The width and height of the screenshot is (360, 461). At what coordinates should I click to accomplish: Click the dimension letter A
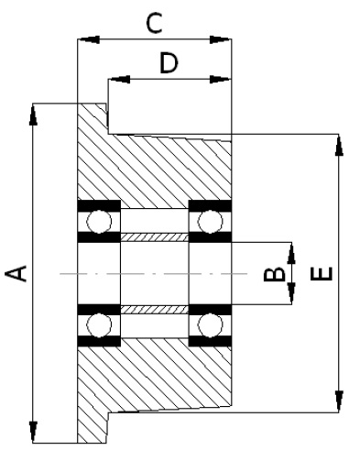16,273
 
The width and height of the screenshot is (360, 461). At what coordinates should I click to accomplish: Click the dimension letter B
274,274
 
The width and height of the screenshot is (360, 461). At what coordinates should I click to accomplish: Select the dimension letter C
154,23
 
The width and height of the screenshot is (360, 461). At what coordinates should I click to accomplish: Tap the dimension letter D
169,63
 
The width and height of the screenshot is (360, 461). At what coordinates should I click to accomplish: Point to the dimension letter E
322,273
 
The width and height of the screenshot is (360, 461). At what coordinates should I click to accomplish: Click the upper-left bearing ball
99,221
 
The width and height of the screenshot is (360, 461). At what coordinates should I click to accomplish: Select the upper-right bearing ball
211,221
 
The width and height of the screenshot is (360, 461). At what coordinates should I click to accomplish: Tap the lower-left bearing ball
99,325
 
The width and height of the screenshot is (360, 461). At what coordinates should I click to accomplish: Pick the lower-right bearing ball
211,325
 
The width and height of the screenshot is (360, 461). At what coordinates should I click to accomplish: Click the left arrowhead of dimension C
89,39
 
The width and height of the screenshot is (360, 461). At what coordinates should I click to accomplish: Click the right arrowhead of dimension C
220,39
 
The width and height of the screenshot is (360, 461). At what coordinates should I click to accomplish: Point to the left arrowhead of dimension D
119,80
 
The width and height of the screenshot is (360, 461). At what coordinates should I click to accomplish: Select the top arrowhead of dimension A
33,115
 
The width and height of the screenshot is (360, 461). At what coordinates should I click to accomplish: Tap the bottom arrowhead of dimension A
33,432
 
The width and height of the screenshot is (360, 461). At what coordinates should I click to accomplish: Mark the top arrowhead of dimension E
339,145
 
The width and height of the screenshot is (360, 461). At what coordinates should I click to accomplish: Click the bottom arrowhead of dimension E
339,401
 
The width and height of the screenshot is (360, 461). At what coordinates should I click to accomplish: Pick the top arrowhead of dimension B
292,253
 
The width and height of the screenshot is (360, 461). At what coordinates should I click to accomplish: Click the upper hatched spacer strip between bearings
155,237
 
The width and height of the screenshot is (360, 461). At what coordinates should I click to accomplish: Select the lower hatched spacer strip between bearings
155,310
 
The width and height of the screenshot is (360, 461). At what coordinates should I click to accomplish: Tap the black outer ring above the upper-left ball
99,205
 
